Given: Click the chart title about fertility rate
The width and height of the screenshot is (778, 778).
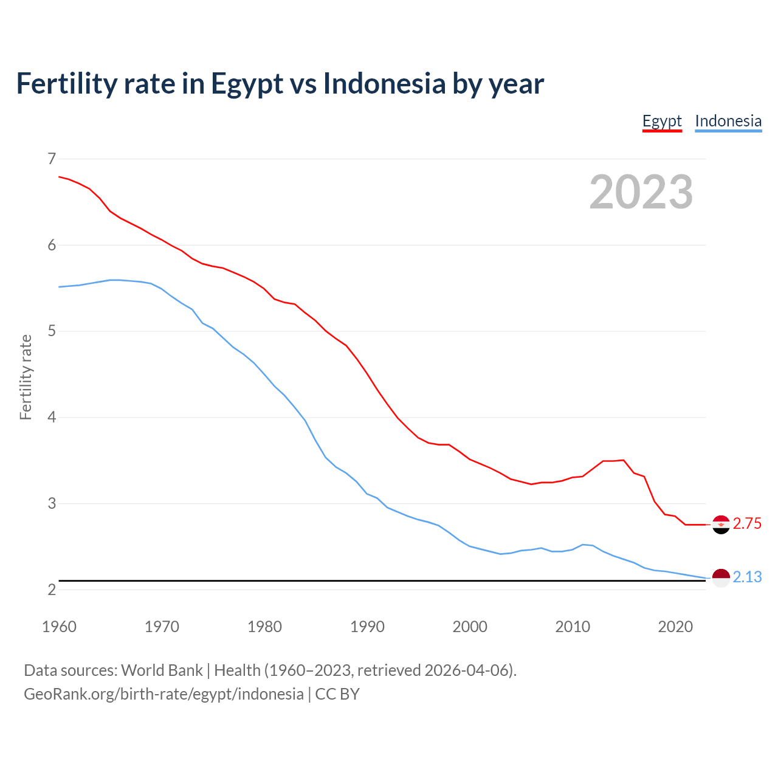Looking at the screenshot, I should (x=280, y=83).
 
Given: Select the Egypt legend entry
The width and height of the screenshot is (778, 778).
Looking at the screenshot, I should (x=662, y=121).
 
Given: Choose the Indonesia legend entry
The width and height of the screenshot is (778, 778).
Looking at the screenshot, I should (x=728, y=121).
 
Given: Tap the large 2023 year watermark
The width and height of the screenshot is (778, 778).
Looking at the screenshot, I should (x=641, y=192).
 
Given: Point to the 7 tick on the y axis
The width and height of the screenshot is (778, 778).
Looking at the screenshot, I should (x=51, y=159).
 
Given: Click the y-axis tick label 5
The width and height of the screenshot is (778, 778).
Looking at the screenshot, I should (x=51, y=331).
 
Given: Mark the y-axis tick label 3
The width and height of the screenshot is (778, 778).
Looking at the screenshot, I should (x=51, y=504).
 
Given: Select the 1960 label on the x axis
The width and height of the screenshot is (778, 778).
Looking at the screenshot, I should (x=59, y=627).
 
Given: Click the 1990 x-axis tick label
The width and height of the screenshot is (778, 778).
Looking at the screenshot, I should (x=367, y=627).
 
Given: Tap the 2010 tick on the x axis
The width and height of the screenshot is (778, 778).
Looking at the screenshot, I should (x=573, y=627).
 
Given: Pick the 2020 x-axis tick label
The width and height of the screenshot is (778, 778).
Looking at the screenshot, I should (x=675, y=627).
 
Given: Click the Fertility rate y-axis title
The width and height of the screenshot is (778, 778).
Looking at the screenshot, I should (x=26, y=377).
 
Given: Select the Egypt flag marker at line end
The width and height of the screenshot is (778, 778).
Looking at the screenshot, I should (x=721, y=524).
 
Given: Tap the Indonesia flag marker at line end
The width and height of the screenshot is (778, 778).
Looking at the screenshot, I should (x=721, y=577).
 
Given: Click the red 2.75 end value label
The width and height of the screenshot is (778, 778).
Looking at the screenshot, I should (x=747, y=524).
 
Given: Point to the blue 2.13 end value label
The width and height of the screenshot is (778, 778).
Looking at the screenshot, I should (x=747, y=577).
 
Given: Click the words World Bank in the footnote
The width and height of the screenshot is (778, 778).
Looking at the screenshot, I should (x=162, y=670).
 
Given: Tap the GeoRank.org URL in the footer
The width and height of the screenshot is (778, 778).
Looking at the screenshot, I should (x=164, y=694).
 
